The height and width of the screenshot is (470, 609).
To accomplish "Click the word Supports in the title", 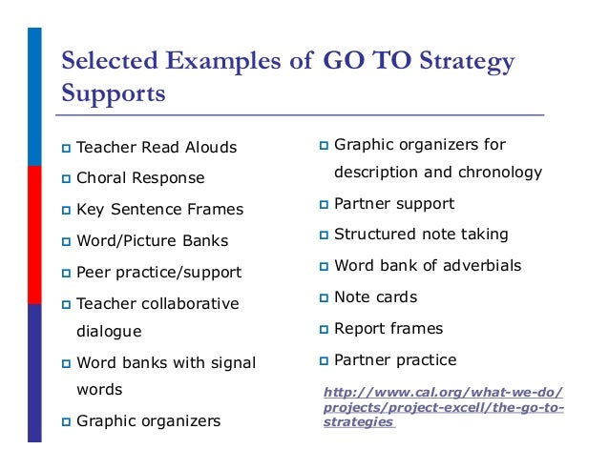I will (x=113, y=94).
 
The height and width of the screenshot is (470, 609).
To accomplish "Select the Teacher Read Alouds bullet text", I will (x=157, y=148).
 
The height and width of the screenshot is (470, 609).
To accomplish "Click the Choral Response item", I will (x=140, y=178).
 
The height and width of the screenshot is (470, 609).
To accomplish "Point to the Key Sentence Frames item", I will (x=159, y=210).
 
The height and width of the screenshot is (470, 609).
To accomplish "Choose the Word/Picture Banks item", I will (x=152, y=241).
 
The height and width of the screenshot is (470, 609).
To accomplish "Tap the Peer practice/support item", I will (x=158, y=273).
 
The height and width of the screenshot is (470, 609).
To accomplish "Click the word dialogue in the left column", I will (x=109, y=332).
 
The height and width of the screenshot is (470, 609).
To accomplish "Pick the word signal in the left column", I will (x=232, y=363).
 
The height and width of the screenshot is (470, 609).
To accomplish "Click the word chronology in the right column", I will (x=497, y=173).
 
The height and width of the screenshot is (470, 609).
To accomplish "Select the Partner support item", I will (x=394, y=204).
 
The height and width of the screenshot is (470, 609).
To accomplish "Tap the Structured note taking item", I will (x=421, y=235).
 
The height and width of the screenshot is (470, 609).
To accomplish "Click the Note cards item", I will (x=375, y=297).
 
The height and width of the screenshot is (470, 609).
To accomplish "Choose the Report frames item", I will (x=388, y=329).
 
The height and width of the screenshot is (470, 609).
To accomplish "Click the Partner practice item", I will (x=395, y=360).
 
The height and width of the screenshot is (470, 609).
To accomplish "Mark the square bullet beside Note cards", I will (x=324, y=298).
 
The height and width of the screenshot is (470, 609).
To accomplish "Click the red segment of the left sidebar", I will (x=34, y=235).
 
